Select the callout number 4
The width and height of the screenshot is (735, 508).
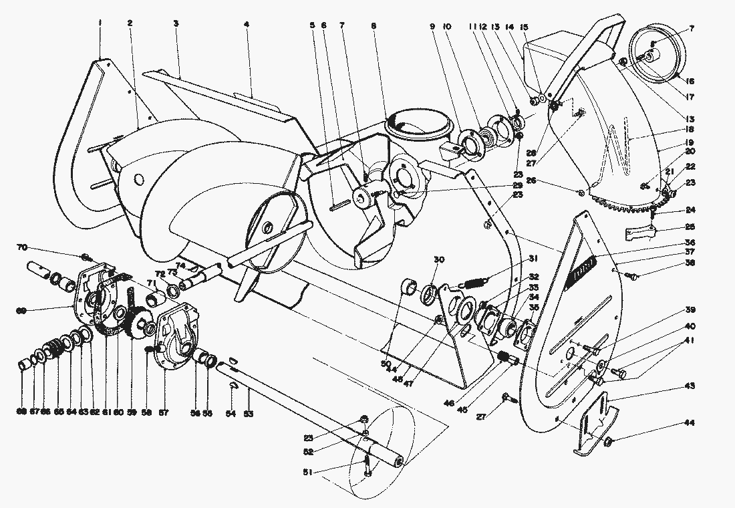tap(247, 24)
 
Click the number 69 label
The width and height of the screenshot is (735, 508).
tap(21, 310)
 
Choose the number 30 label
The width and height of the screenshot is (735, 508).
tap(439, 260)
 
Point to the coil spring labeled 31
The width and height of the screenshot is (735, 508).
tap(472, 283)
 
